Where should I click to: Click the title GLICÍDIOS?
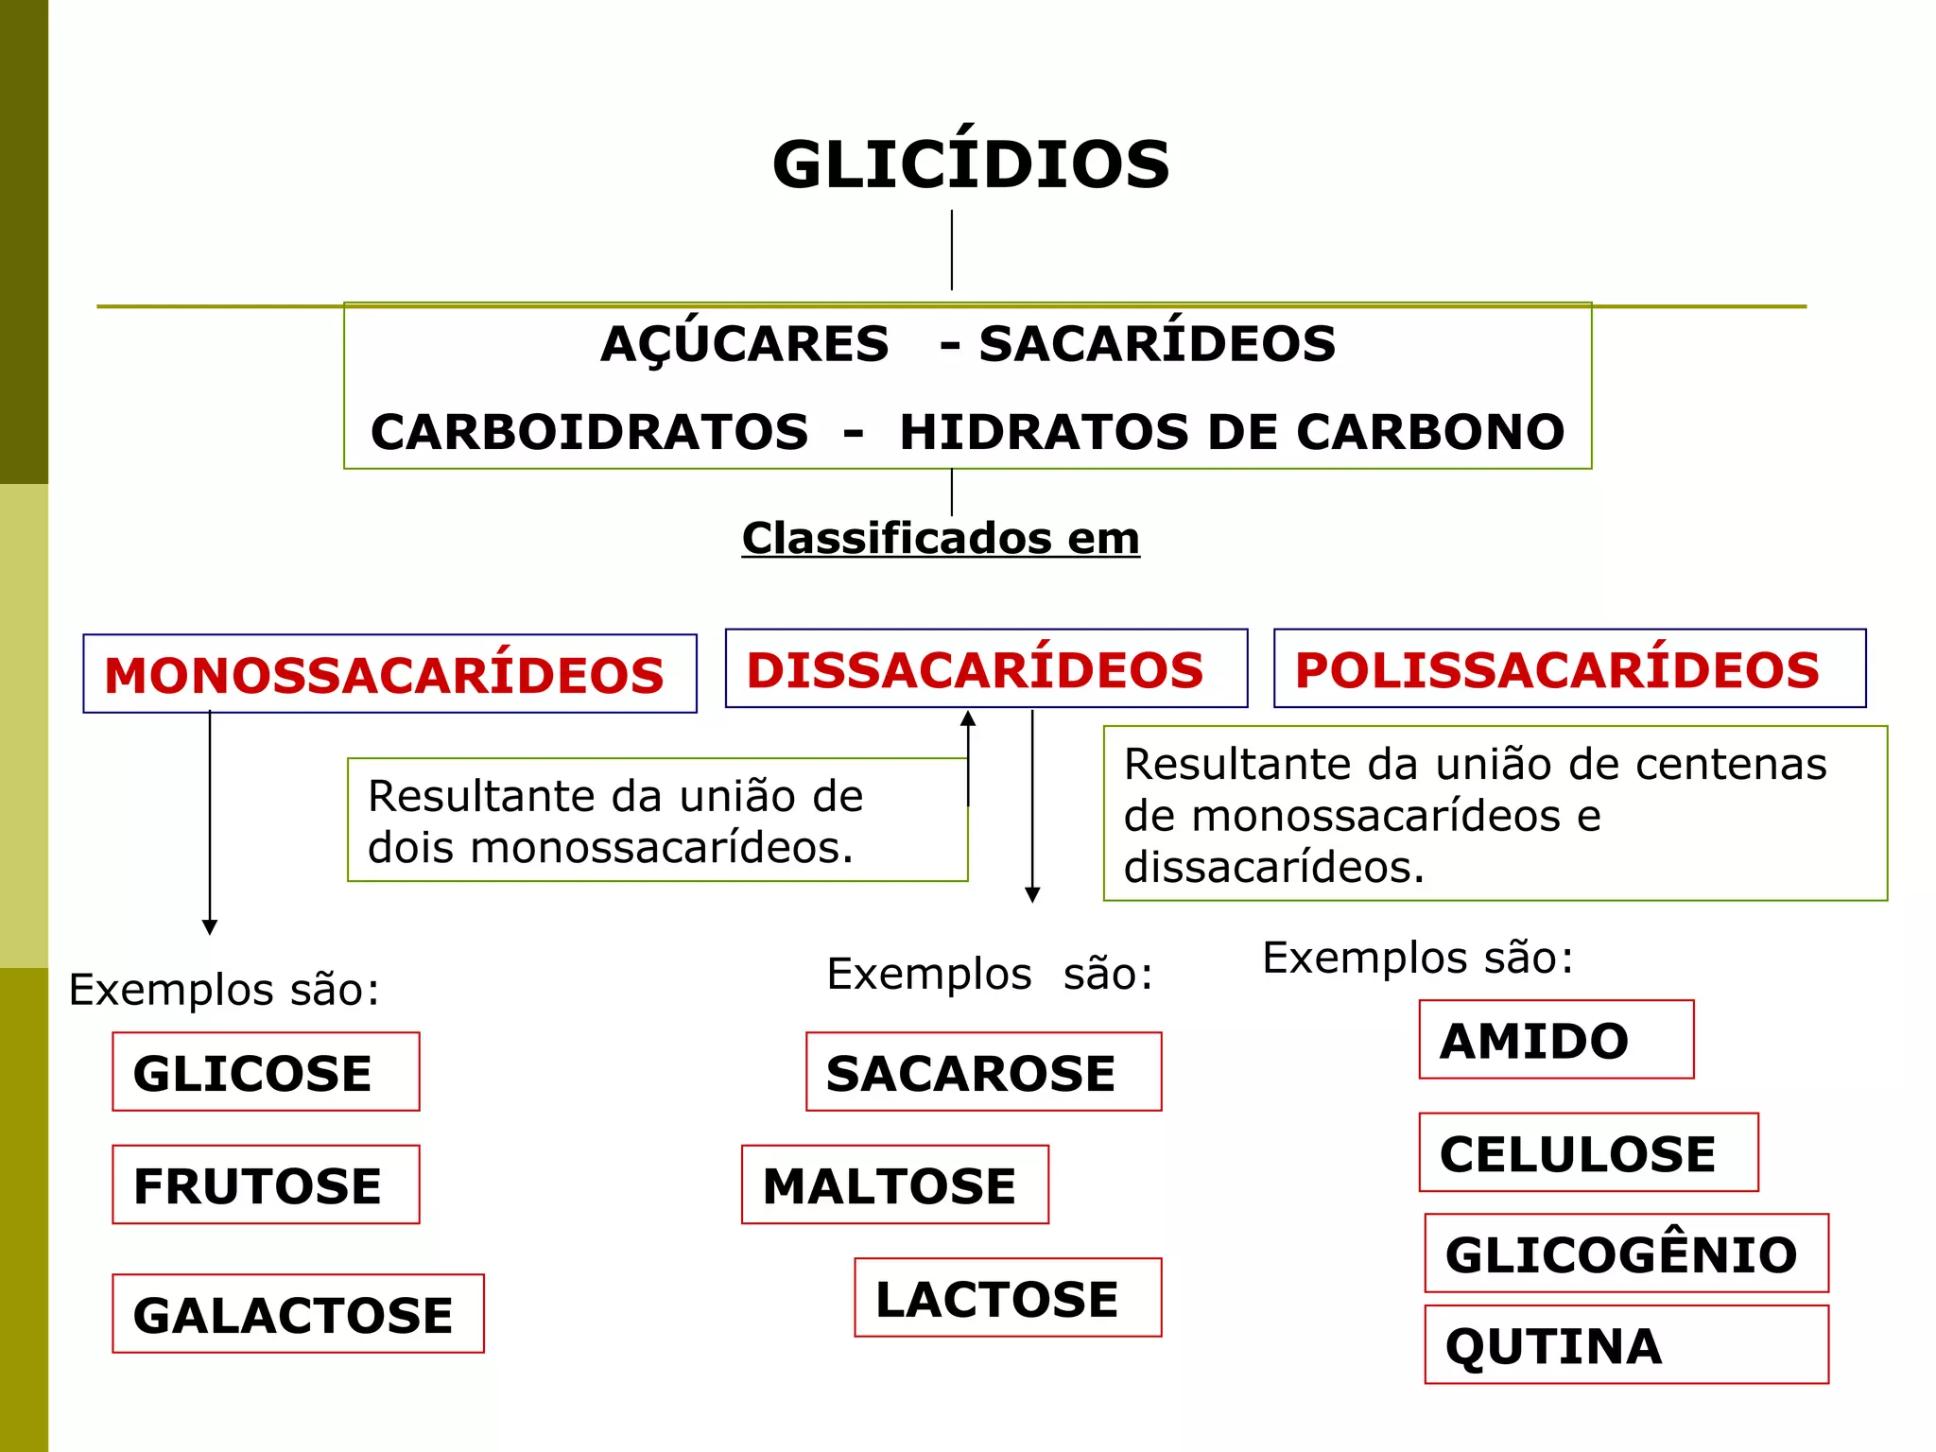point(971,164)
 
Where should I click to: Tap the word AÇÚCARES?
point(745,343)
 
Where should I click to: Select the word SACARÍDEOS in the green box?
point(1157,343)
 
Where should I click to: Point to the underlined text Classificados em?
point(941,539)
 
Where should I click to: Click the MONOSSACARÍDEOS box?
point(389,674)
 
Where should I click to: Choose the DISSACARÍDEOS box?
point(986,669)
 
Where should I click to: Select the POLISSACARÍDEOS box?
point(1569,669)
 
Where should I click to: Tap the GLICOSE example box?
point(266,1072)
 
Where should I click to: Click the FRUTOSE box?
point(266,1185)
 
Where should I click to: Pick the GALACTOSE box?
point(298,1314)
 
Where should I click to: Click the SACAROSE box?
point(983,1072)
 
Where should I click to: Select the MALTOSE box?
point(894,1185)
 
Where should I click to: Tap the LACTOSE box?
point(1008,1298)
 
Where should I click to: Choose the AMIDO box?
point(1556,1040)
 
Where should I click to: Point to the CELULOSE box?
point(1588,1152)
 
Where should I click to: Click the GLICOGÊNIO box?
point(1626,1253)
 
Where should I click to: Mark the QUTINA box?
point(1626,1345)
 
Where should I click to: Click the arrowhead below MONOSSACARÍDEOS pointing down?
point(210,926)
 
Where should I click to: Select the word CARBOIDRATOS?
point(590,432)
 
